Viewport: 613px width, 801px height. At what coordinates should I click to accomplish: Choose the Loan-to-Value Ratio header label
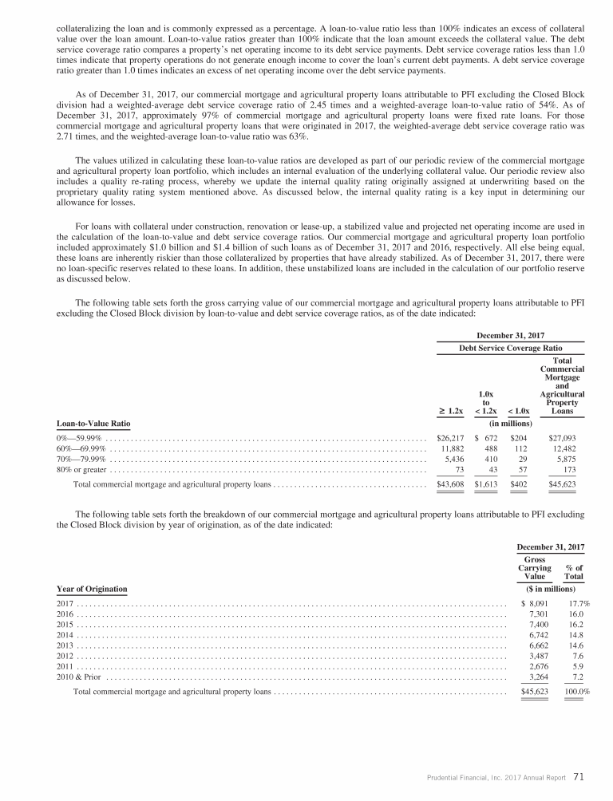[93, 423]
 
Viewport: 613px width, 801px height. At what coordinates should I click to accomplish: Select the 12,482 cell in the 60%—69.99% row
[564, 448]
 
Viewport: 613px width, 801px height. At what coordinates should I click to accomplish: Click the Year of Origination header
[92, 589]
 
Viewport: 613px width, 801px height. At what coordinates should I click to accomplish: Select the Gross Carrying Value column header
[534, 568]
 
